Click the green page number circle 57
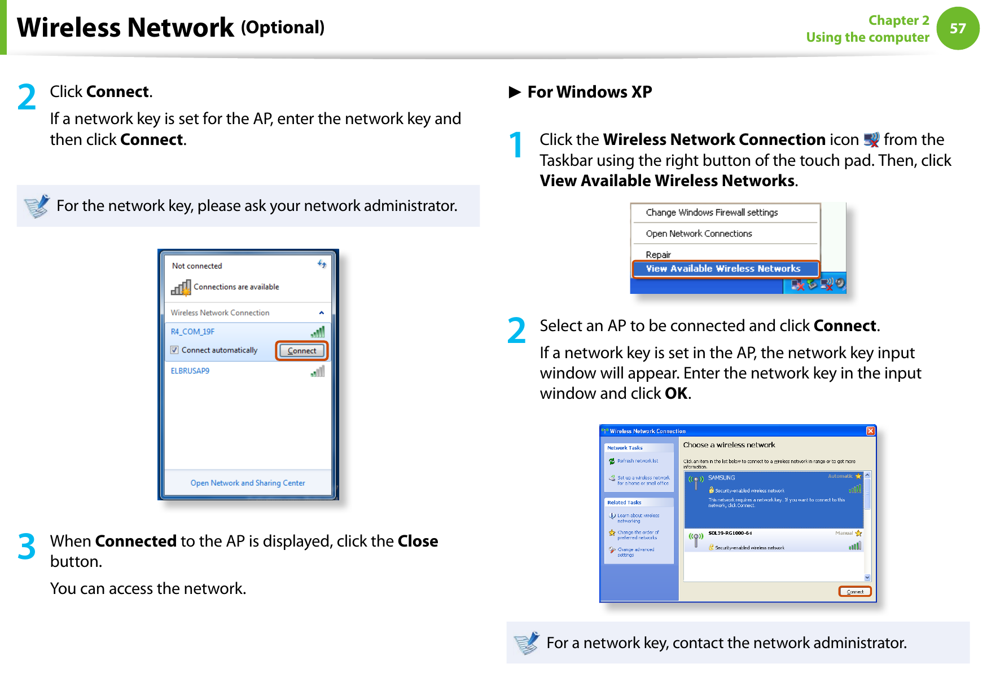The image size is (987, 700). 958,28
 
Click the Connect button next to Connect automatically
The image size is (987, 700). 302,350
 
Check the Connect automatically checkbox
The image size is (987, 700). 174,350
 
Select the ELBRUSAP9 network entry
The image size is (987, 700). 190,371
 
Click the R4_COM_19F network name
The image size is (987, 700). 192,332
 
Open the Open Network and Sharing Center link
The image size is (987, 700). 248,483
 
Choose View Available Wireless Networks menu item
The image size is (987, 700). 723,268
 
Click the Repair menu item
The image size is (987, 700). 658,254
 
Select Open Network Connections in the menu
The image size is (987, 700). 699,234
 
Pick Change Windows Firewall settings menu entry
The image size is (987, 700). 712,213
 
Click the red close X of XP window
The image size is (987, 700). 870,431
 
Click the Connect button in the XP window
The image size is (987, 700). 854,592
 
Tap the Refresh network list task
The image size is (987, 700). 637,461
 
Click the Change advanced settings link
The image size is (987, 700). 635,552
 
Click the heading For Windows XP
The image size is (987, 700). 589,92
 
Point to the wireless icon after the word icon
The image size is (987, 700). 871,139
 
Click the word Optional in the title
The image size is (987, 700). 283,28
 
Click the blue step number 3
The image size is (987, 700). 27,547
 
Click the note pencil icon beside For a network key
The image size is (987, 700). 527,642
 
